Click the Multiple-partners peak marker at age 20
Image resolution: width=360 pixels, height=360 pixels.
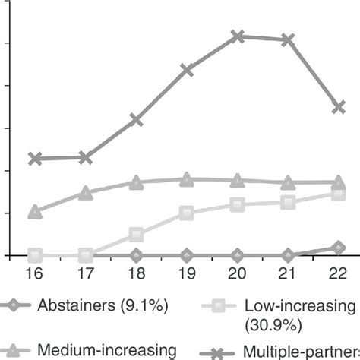[x=238, y=36]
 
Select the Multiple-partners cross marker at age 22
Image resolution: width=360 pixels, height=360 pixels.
[x=339, y=107]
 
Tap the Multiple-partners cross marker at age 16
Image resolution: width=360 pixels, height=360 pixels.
[x=34, y=159]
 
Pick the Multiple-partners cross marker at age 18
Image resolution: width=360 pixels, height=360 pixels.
[x=136, y=120]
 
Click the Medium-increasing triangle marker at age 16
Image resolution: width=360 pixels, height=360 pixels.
[x=34, y=212]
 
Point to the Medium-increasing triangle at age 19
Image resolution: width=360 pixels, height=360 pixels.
[x=187, y=179]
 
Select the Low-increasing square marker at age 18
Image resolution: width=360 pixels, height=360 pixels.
[x=136, y=235]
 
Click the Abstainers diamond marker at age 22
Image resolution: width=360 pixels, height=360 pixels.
[x=339, y=248]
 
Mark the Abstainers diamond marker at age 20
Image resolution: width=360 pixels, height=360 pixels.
[x=238, y=255]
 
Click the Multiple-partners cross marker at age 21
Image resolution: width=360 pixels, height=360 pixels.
[x=288, y=39]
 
